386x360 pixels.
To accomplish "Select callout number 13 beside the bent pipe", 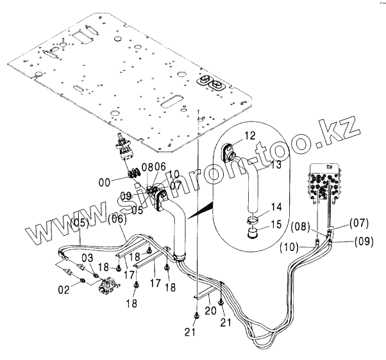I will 258,165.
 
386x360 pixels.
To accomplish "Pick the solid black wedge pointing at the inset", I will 202,207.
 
